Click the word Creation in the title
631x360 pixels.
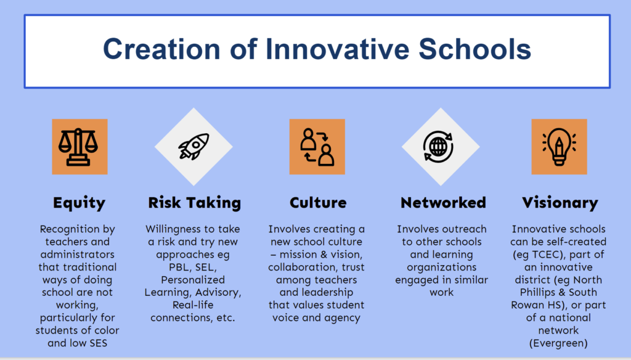pyautogui.click(x=161, y=49)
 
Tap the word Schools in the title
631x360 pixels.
pyautogui.click(x=475, y=49)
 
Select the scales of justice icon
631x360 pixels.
pyautogui.click(x=78, y=147)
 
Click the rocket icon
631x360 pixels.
pyautogui.click(x=193, y=146)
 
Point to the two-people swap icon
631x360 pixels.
pyautogui.click(x=317, y=147)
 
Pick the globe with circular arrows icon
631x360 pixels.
pyautogui.click(x=438, y=147)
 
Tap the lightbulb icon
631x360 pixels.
pyautogui.click(x=559, y=147)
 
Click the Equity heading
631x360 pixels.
pyautogui.click(x=79, y=203)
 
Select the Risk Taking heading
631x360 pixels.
pyautogui.click(x=195, y=203)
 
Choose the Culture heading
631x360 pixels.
pyautogui.click(x=318, y=203)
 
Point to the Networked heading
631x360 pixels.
pyautogui.click(x=443, y=203)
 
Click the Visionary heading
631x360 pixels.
pyautogui.click(x=560, y=203)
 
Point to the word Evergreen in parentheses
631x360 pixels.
pyautogui.click(x=558, y=343)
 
